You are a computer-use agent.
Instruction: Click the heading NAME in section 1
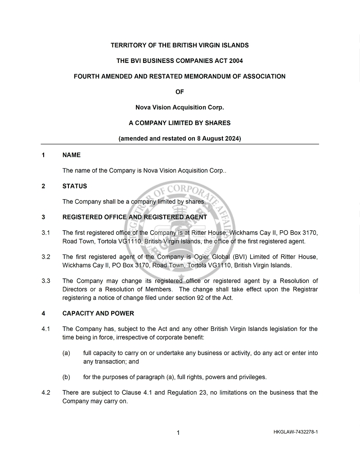[72, 155]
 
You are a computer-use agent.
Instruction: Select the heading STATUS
[75, 186]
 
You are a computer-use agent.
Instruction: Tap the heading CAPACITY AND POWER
[98, 313]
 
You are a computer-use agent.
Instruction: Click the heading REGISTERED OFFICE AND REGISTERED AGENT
[135, 217]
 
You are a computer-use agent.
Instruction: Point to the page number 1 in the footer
[178, 433]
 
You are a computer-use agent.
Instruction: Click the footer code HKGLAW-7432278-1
[295, 432]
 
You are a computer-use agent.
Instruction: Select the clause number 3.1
[45, 233]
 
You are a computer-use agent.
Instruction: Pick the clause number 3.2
[45, 257]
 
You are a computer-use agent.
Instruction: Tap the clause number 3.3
[45, 281]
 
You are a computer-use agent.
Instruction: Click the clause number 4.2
[45, 393]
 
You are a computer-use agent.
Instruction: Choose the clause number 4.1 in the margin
[45, 329]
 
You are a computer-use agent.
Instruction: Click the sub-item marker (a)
[66, 353]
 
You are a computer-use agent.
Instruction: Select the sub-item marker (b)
[66, 377]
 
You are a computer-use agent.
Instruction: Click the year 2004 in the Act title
[235, 61]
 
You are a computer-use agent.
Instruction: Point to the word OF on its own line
[180, 92]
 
